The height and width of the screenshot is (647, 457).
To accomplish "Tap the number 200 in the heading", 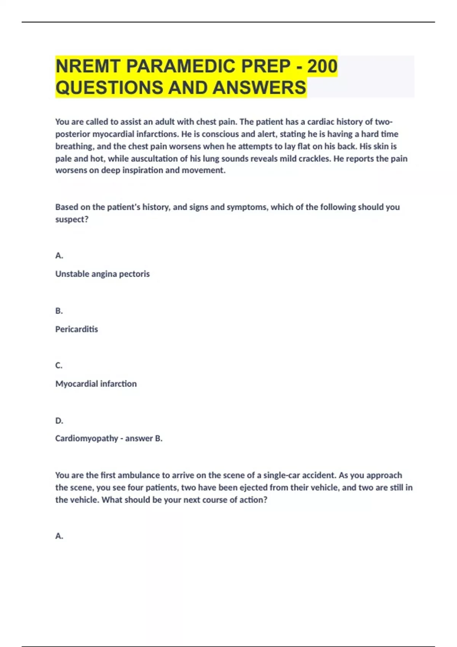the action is (322, 66).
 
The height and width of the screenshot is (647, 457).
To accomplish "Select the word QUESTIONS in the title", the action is (109, 88).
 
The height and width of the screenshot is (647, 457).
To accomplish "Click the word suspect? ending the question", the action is (72, 219).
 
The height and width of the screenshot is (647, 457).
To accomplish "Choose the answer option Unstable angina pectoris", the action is (102, 274).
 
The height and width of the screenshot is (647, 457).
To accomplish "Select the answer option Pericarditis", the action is (77, 329).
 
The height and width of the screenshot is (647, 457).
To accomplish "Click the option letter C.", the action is (59, 365).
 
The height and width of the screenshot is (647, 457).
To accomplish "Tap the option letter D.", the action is (59, 421).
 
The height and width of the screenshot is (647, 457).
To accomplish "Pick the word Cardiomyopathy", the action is (86, 438).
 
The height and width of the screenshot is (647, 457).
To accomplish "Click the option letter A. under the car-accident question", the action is (59, 536).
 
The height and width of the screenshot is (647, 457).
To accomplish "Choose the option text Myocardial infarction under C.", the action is (96, 384).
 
